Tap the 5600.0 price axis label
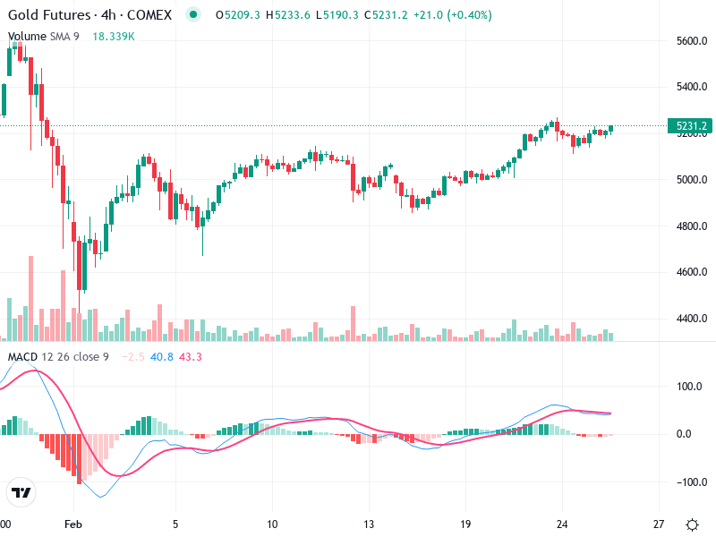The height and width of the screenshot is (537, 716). click(693, 41)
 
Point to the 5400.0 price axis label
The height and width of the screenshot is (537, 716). click(693, 87)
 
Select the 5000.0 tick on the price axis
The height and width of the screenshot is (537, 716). click(693, 179)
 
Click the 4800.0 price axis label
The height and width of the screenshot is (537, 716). click(693, 226)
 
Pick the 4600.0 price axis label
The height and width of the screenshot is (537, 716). click(693, 272)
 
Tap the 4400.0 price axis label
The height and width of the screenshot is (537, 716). click(693, 319)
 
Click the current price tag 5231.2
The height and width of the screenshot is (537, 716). click(692, 126)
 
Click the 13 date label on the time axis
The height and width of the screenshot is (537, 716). click(369, 524)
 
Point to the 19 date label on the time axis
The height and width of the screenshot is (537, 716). click(465, 524)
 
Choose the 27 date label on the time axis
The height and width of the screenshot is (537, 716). click(659, 524)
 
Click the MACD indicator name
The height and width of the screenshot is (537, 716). click(22, 357)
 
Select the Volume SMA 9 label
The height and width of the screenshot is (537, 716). click(44, 37)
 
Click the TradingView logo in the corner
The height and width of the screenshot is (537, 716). click(21, 493)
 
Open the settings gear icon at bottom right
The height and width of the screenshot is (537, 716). click(692, 524)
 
